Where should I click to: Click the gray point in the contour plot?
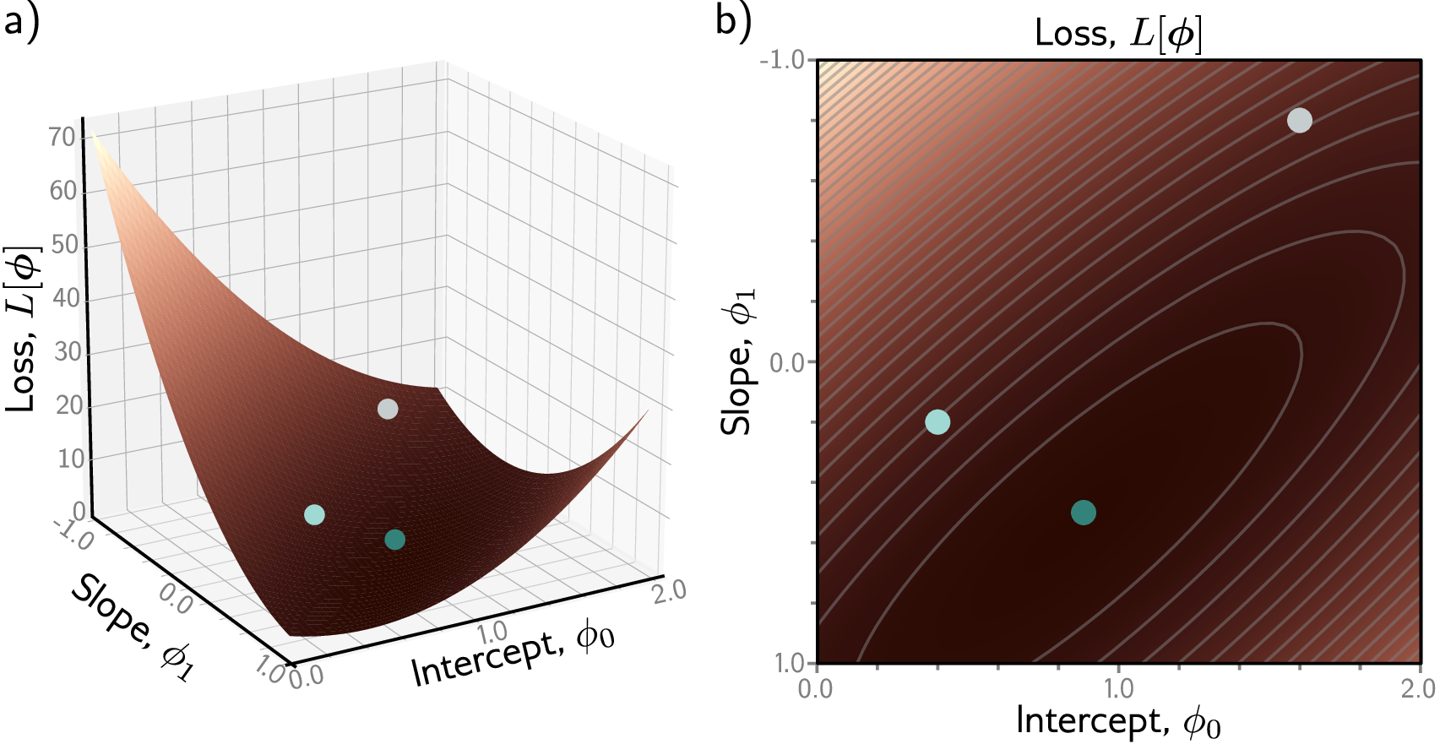coord(1299,121)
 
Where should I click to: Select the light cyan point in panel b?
coord(937,421)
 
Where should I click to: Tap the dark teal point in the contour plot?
coord(1083,512)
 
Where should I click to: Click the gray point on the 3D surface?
coord(388,409)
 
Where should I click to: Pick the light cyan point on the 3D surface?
coord(314,514)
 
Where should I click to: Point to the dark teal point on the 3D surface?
coord(394,540)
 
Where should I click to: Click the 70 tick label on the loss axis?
coord(62,137)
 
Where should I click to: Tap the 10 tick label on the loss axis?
coord(71,459)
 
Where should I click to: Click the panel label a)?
coord(21,20)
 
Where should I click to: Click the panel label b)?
coord(732,20)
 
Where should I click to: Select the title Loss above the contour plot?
coord(1118,34)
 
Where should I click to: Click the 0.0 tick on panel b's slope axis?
coord(787,362)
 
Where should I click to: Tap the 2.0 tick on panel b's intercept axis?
coord(1418,689)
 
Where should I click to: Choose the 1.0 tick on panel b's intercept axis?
coord(1118,689)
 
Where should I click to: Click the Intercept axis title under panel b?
coord(1118,721)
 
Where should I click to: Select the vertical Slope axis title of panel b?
coord(737,362)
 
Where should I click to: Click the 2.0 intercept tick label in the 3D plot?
coord(669,590)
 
